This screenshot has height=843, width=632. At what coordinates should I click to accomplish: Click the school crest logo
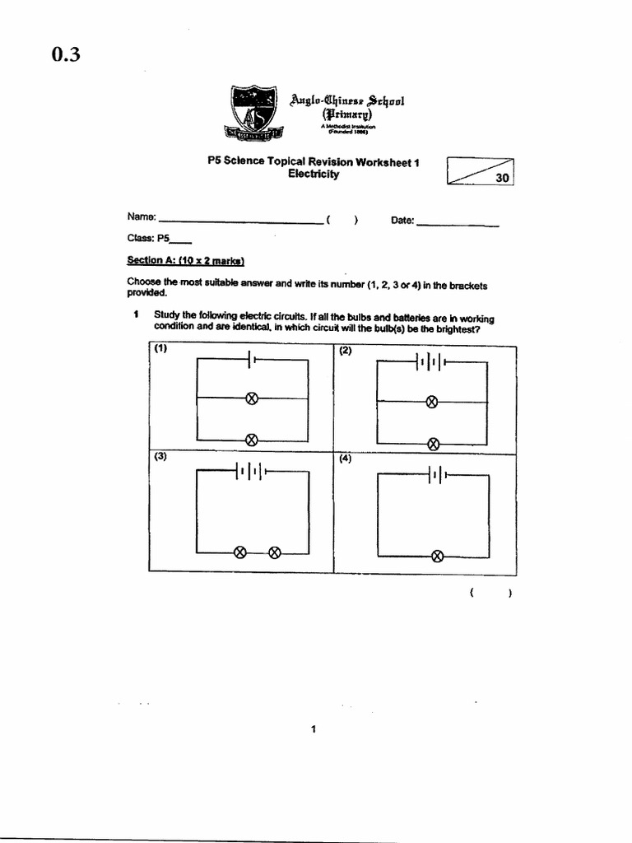(254, 112)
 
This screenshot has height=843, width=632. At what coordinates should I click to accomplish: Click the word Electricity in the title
(313, 175)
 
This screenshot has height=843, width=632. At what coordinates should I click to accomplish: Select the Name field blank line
(240, 221)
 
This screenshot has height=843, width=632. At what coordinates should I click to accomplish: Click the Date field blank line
(458, 223)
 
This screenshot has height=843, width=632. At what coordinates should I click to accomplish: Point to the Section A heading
(186, 261)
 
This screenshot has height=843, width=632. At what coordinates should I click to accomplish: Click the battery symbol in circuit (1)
(253, 360)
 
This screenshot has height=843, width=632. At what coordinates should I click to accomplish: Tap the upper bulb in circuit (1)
(253, 398)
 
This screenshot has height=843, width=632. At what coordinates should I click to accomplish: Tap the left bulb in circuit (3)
(240, 552)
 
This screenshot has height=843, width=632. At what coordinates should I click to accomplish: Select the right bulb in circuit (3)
(276, 552)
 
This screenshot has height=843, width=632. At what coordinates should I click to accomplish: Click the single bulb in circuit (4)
(437, 556)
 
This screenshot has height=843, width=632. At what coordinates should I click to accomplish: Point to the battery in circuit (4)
(436, 474)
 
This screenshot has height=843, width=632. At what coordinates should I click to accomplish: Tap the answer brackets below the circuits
(490, 593)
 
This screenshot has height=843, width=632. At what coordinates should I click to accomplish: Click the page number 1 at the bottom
(314, 729)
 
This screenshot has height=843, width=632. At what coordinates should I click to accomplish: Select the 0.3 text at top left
(65, 56)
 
